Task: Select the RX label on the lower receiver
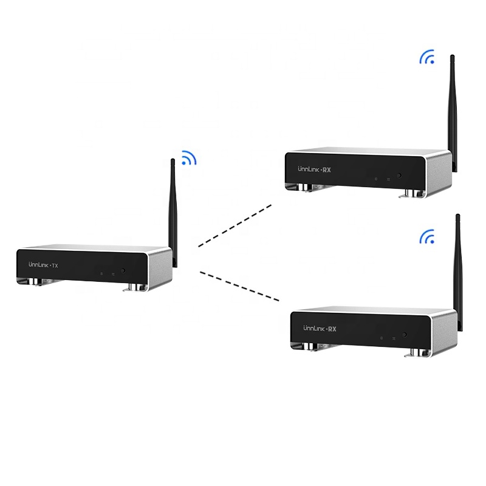click(332, 329)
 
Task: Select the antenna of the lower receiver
click(458, 267)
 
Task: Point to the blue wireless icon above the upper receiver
click(428, 58)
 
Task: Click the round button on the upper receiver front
click(399, 176)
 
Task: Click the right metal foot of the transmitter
click(134, 287)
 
